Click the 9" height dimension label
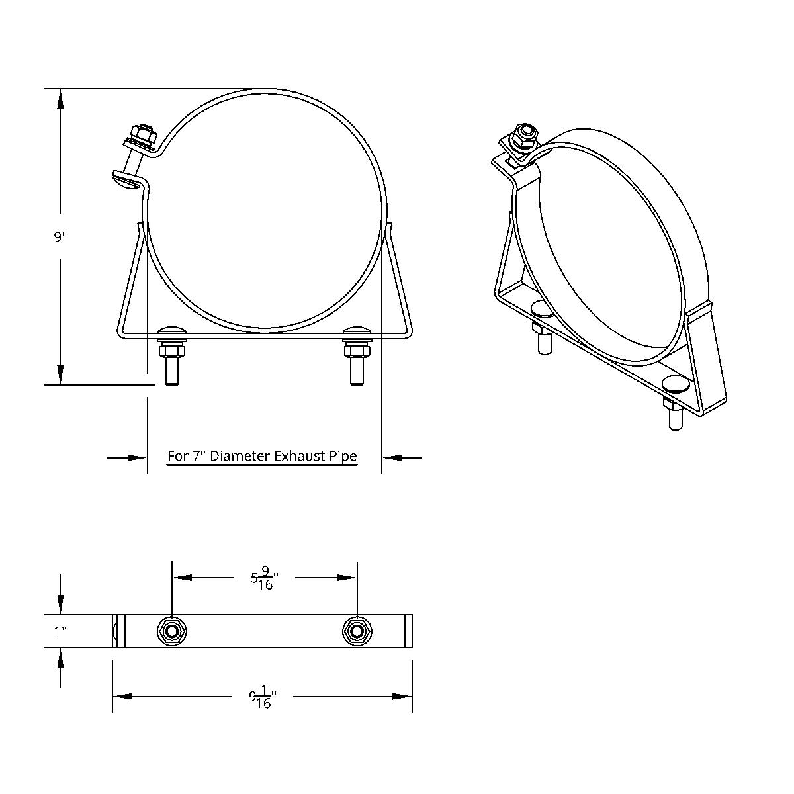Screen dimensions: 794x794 (x=61, y=237)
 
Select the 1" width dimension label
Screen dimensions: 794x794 (x=60, y=631)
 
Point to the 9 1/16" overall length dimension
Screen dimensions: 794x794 (x=263, y=697)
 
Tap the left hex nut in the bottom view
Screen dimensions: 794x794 (x=171, y=631)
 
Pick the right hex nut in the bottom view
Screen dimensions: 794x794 (x=357, y=631)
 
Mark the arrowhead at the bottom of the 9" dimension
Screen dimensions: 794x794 (x=60, y=375)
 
